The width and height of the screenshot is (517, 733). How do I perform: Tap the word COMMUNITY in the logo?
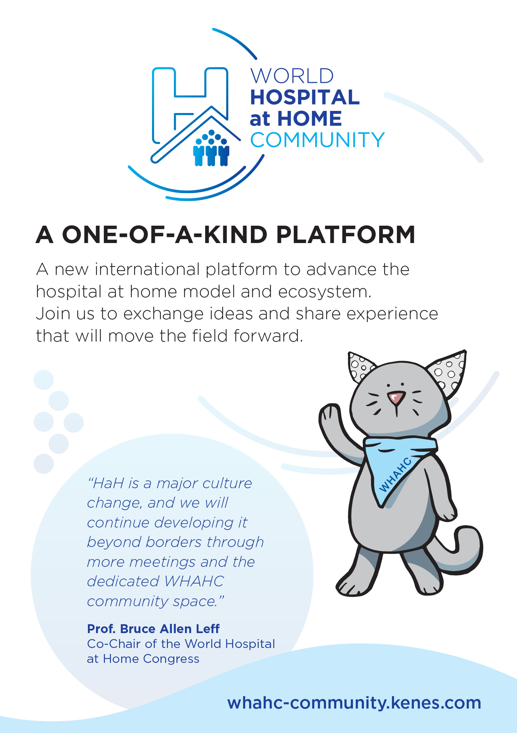pos(317,140)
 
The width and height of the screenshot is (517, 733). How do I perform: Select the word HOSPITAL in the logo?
pos(305,97)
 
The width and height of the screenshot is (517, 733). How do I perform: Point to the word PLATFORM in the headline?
pos(345,235)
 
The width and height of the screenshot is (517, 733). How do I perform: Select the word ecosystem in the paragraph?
pos(325,292)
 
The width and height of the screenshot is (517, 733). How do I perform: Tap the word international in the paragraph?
pos(148,269)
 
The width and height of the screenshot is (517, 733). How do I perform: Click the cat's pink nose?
pos(397,397)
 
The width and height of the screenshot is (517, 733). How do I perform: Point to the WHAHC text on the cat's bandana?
pos(395,475)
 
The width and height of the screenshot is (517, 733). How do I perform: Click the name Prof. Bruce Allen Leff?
pos(153,629)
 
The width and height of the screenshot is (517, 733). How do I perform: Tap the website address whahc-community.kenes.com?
pos(354,703)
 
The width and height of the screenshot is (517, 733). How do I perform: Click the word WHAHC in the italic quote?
pos(195,581)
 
